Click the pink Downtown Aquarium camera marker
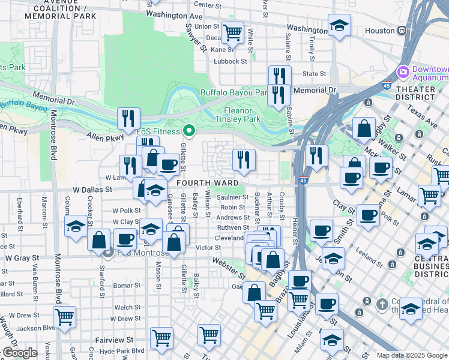point(402,71)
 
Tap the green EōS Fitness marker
point(190,130)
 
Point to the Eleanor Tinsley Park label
point(242,115)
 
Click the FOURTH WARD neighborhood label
point(206,182)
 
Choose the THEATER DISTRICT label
point(416,94)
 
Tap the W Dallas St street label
point(92,188)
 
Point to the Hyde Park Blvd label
point(119,350)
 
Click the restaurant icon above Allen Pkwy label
point(128,119)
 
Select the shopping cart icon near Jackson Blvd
point(64,317)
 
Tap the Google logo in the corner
point(20,353)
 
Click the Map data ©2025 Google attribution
point(412,355)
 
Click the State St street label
point(314,74)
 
